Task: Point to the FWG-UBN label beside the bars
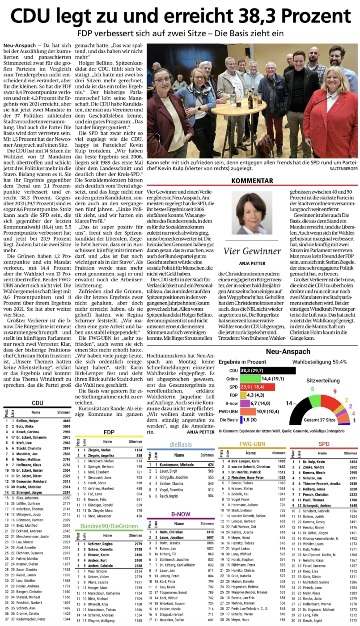(x=229, y=412)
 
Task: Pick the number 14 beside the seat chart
(x=289, y=403)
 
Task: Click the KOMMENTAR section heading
(x=252, y=181)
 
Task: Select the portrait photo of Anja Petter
(x=251, y=213)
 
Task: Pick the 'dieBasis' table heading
(x=181, y=444)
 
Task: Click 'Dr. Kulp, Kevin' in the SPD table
(x=313, y=461)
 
